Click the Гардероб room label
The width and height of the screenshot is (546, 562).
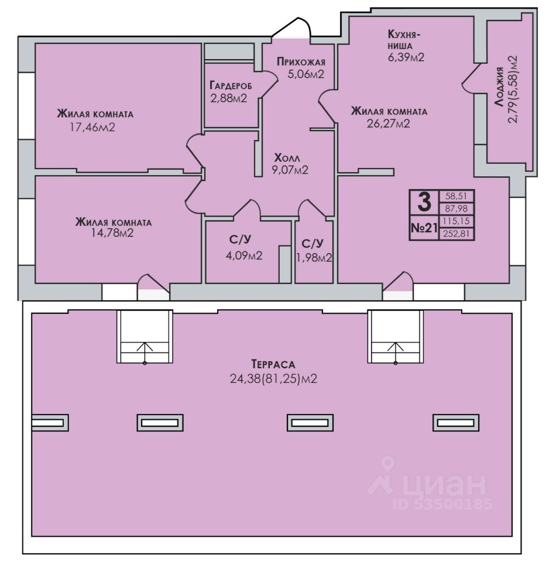pos(231,85)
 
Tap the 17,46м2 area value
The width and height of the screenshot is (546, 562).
pos(92,127)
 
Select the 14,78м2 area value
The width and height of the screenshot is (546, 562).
pos(112,233)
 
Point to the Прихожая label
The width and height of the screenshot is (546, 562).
pos(301,61)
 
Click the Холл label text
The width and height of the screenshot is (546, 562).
pos(287,158)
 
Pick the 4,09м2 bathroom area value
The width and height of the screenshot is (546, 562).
pos(244,256)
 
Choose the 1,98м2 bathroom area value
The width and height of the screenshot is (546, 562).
pos(314,258)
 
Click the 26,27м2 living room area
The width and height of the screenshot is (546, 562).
pos(389,124)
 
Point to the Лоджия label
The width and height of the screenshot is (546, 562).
pos(499,87)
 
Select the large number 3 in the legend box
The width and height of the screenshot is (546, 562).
pos(424,202)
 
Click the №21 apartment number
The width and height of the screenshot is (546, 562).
pos(424,227)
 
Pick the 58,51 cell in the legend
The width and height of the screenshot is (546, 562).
pos(456,197)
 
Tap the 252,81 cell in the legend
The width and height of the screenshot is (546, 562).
pos(456,234)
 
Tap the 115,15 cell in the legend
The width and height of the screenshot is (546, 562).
pos(456,221)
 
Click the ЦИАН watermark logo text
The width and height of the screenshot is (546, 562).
pos(444,485)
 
